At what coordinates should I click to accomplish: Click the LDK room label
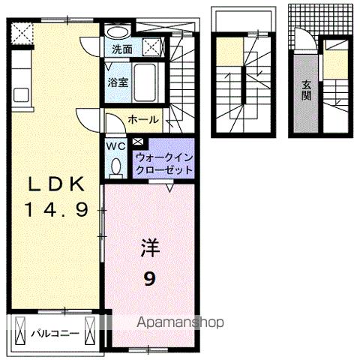pos(52,185)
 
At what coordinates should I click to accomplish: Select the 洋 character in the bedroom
pos(150,247)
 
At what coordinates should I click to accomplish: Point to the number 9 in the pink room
pos(150,277)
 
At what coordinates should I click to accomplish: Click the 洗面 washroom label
pos(122,49)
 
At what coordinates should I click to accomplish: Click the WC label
pos(115,145)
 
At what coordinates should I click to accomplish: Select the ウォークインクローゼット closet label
pos(163,163)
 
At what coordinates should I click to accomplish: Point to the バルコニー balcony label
pos(52,331)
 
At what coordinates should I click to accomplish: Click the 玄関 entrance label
pos(307,92)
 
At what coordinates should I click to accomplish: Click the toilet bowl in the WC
pos(115,166)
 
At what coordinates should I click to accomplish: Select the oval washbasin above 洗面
pos(117,33)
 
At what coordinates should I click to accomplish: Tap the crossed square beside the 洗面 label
pos(151,46)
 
